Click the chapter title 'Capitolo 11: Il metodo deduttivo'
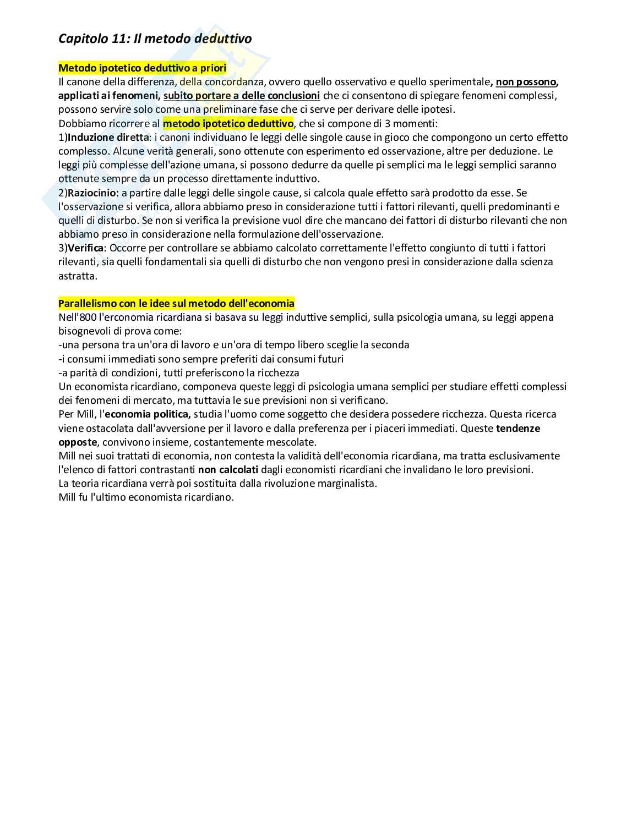click(155, 39)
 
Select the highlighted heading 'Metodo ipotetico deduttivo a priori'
click(142, 68)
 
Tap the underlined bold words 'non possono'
click(526, 82)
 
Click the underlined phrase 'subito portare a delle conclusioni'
click(242, 96)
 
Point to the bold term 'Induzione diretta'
click(108, 138)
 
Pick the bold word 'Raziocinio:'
click(93, 193)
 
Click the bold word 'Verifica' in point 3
click(85, 248)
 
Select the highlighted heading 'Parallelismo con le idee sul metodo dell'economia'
click(176, 304)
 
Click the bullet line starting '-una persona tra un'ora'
click(233, 345)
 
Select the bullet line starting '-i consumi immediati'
click(200, 359)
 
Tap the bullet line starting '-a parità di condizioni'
click(178, 372)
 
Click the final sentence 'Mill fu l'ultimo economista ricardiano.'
click(146, 497)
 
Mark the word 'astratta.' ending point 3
click(78, 276)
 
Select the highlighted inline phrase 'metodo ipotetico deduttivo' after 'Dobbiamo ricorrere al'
click(228, 124)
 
